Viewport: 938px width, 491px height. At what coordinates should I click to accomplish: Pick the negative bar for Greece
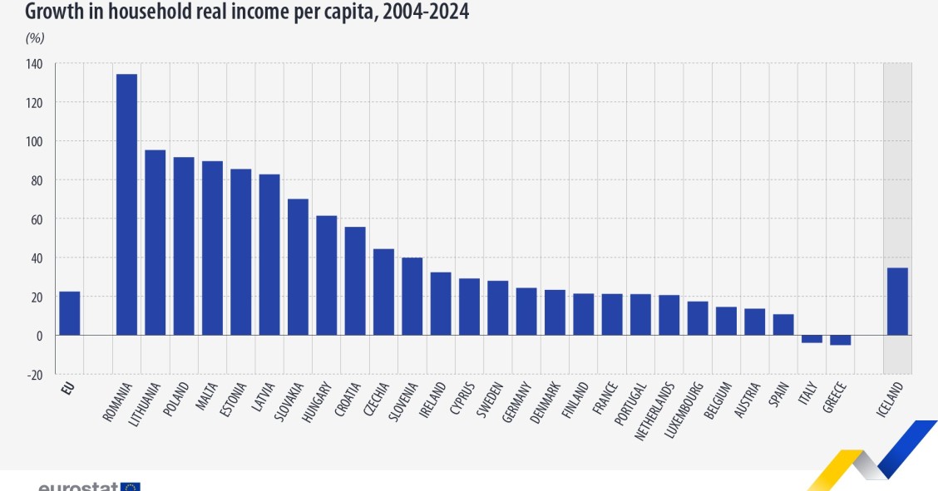(x=840, y=340)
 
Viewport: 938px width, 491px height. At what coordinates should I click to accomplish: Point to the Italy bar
(x=812, y=339)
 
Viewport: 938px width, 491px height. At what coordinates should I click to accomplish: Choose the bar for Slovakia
(x=298, y=267)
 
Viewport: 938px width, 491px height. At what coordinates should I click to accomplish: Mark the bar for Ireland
(x=441, y=303)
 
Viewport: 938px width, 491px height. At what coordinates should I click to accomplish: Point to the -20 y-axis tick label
(x=34, y=375)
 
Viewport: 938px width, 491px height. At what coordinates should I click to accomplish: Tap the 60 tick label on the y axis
(x=37, y=219)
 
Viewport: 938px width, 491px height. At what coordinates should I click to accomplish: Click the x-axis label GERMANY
(x=516, y=403)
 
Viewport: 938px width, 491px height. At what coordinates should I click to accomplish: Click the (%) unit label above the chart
(x=35, y=37)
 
